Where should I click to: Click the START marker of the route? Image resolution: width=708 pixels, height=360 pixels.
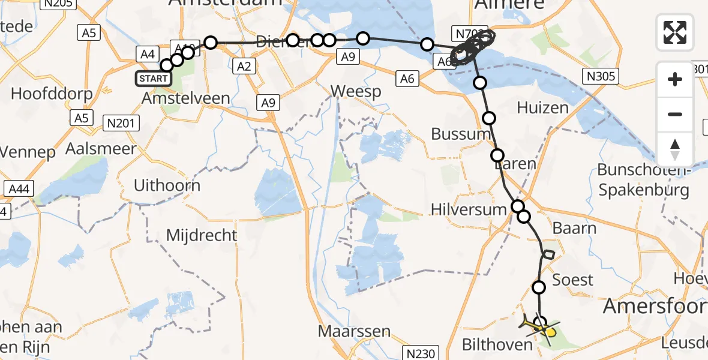153,79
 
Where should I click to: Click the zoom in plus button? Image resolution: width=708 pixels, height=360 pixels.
675,80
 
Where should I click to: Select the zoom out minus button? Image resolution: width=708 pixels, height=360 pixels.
675,114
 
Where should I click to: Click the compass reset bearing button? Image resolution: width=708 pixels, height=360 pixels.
675,149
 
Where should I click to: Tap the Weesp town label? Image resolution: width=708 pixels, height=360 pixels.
356,92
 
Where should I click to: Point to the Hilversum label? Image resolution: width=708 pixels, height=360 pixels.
460,209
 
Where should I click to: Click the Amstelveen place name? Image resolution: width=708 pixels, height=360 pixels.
186,98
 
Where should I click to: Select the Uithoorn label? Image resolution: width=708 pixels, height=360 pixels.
167,185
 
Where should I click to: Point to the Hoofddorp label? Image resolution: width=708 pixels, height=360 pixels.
52,94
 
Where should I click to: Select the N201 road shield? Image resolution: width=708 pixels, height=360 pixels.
121,124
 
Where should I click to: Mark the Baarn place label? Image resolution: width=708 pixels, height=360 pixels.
575,228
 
